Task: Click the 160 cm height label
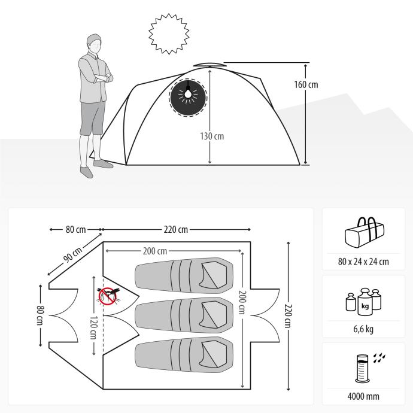[x=306, y=84]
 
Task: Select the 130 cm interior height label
[x=212, y=136]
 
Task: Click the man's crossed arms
[x=99, y=76]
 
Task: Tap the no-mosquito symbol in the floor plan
[x=107, y=295]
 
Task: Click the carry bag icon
[x=364, y=233]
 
